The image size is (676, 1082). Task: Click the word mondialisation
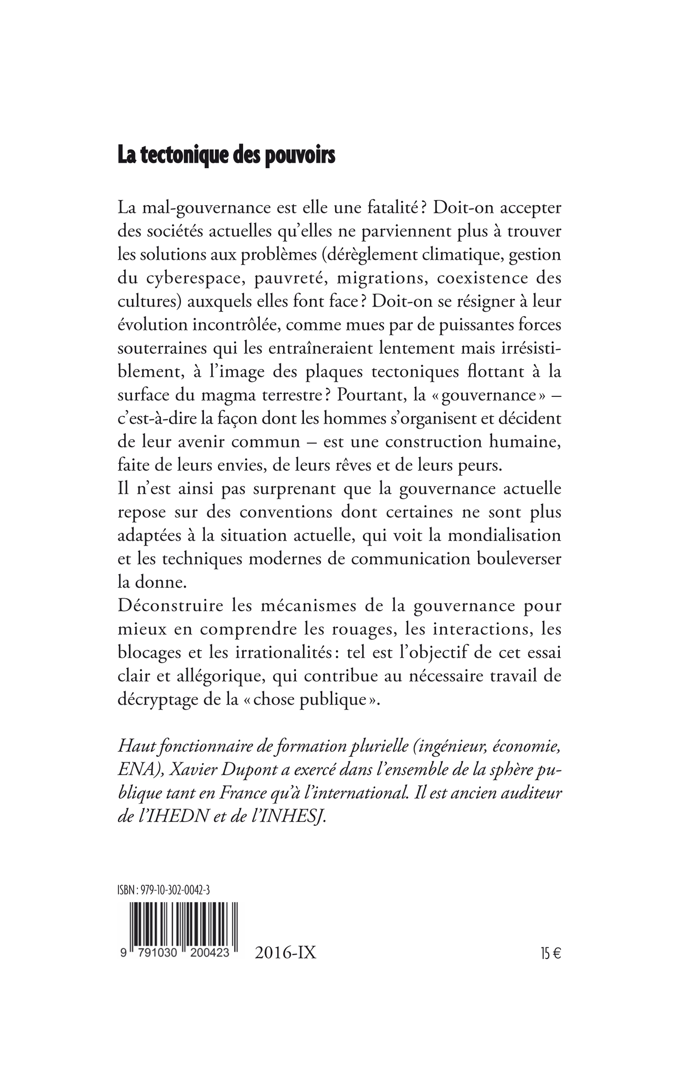[504, 536]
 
